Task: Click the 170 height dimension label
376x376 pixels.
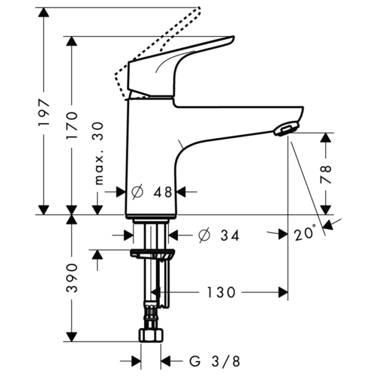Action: (72, 125)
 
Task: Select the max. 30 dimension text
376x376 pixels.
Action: (98, 153)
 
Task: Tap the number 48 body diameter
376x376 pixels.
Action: (162, 192)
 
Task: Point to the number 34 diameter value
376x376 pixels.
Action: (230, 235)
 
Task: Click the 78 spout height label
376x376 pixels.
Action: (326, 174)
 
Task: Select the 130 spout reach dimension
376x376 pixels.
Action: (220, 292)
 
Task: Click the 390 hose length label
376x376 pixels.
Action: (72, 278)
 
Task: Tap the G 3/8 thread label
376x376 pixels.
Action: (215, 361)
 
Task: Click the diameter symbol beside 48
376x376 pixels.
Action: (138, 192)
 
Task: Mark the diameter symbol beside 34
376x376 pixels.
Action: (204, 235)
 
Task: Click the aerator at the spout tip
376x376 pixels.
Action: (285, 129)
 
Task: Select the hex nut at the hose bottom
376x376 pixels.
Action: (151, 335)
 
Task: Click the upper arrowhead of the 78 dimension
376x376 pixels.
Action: (326, 138)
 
